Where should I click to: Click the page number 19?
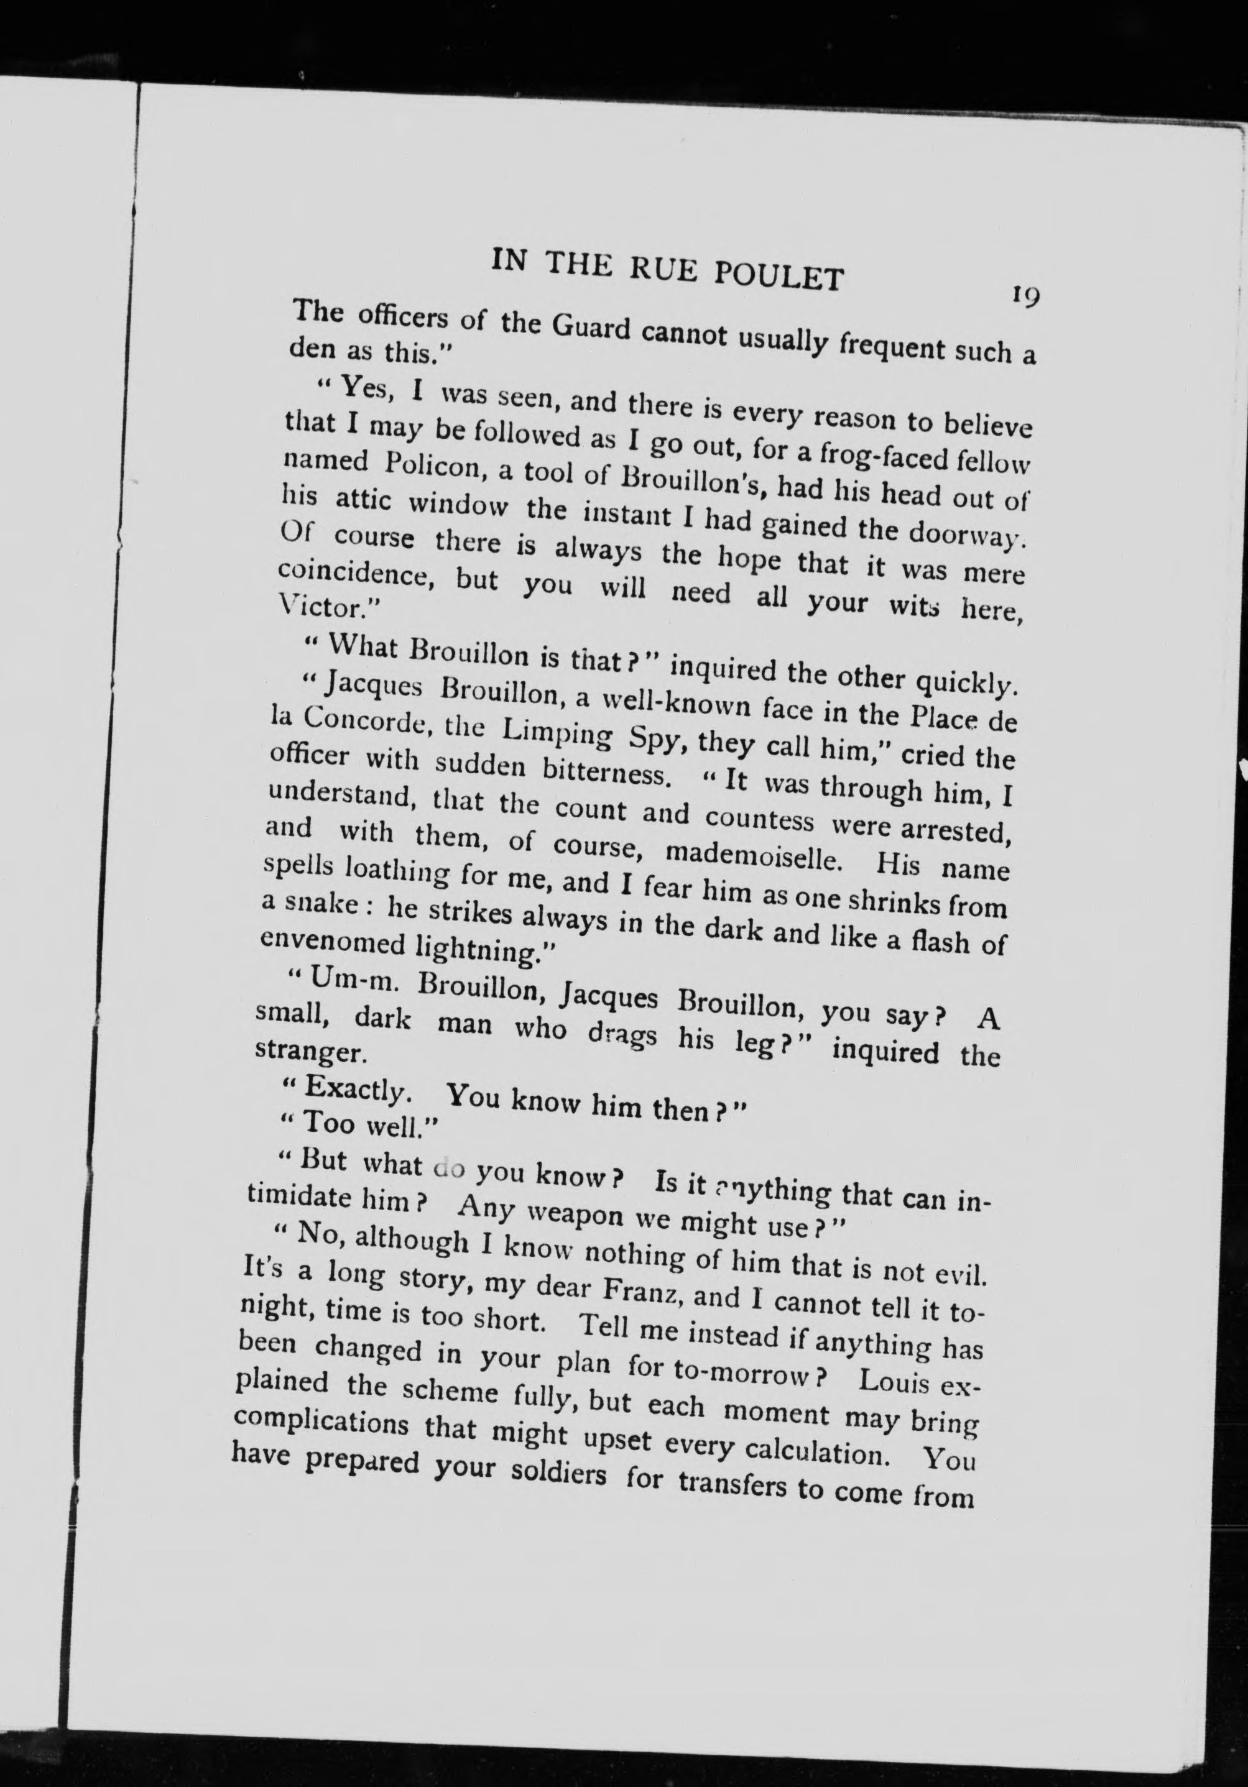(x=1025, y=295)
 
